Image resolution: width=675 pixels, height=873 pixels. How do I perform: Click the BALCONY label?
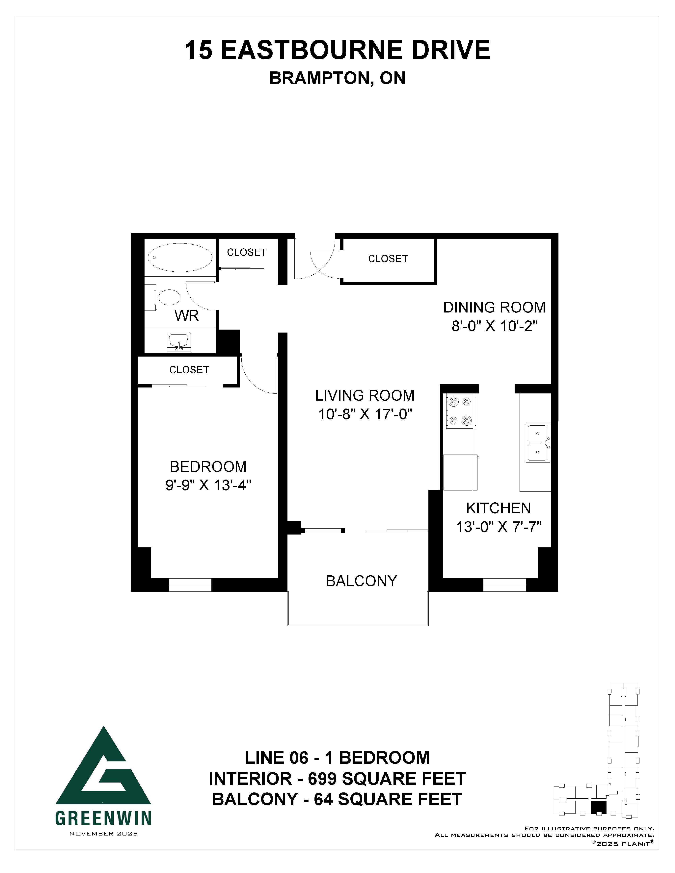362,581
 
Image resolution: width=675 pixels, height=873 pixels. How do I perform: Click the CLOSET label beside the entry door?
388,259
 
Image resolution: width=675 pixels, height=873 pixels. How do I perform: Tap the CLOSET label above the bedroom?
189,370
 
